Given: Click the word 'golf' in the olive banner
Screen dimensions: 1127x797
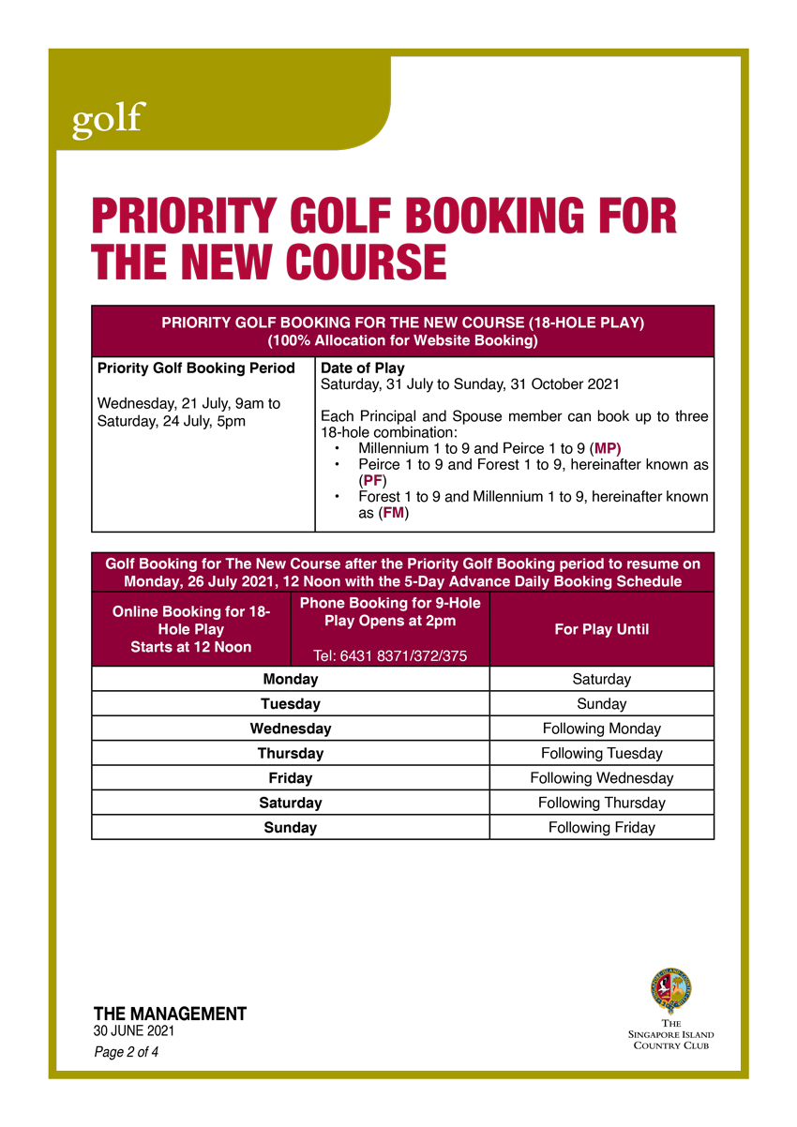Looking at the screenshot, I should coord(109,120).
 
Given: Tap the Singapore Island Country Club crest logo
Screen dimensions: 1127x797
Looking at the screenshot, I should coord(670,992).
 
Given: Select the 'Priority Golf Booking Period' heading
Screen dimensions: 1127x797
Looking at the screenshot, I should coord(196,368).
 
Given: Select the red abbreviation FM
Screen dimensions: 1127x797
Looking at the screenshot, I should coord(394,513).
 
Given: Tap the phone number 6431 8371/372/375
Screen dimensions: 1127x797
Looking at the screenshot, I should coord(390,655).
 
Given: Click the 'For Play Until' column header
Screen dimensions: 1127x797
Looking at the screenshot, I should coord(601,629).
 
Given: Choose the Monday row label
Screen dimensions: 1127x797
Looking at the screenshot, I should coord(290,679).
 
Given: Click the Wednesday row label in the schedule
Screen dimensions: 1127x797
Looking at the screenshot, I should coord(290,729).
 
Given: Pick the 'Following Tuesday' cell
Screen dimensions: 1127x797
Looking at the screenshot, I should coord(601,753).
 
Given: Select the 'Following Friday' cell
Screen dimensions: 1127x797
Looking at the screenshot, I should coord(601,827).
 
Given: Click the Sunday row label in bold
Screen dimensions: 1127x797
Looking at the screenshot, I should coord(290,827).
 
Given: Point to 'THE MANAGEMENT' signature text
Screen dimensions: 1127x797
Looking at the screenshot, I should coord(170,1014).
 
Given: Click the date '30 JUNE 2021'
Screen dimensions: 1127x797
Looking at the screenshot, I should coord(133,1031).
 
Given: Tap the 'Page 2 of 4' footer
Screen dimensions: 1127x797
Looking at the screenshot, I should coord(126,1052).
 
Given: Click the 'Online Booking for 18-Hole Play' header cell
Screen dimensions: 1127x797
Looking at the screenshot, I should coord(191,629).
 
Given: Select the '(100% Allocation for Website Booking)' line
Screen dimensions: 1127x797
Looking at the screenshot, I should coord(402,341).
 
